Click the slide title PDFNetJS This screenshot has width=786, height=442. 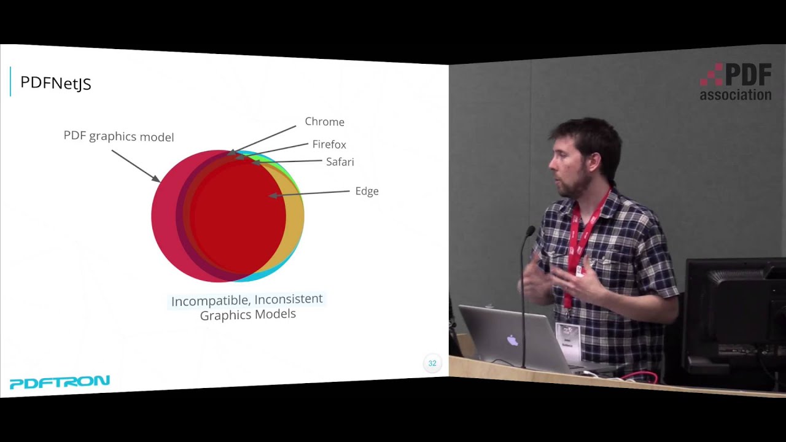pos(56,83)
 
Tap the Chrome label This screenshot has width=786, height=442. pos(324,122)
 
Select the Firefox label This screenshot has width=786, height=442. pos(329,144)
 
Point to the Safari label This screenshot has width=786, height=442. pos(340,162)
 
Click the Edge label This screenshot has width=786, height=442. pos(367,191)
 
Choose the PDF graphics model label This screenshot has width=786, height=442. pos(119,136)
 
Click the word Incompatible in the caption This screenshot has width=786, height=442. pos(210,301)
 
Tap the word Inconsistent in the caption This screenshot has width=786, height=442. pos(288,299)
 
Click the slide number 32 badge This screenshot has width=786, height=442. pos(432,363)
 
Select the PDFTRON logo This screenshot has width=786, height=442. pos(60,382)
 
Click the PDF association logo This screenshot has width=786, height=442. pos(736,82)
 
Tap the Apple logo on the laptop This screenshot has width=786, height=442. pos(512,339)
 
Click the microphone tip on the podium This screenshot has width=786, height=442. pos(530,231)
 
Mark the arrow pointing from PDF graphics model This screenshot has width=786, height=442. pos(136,165)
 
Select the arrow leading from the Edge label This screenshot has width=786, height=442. pos(310,194)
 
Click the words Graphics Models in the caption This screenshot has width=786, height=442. pos(247,314)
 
